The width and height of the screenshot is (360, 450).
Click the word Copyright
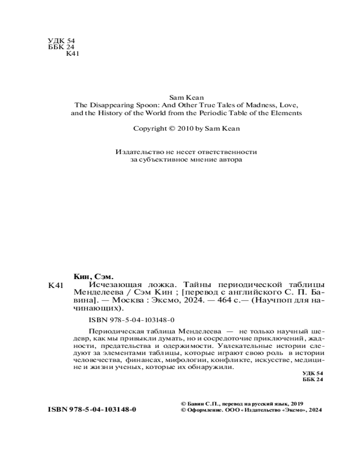(149, 128)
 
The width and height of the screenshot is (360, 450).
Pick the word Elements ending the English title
(284, 112)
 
